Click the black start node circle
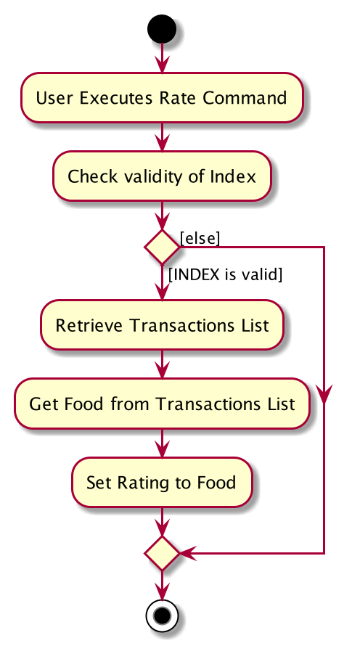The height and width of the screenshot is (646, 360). click(162, 29)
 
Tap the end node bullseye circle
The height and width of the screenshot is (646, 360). click(162, 616)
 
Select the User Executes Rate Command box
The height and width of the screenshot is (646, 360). click(162, 98)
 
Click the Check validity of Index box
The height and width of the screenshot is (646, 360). click(162, 176)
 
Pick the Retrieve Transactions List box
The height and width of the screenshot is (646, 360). click(162, 325)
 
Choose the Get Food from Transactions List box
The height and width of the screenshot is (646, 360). click(162, 404)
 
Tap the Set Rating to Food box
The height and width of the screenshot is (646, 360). click(162, 482)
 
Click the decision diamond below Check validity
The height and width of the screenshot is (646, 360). click(162, 247)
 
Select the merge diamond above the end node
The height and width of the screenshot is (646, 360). click(162, 553)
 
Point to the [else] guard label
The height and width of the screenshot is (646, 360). click(200, 238)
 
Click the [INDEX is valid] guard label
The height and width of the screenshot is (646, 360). click(226, 274)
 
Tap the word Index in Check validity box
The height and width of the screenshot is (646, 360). click(233, 176)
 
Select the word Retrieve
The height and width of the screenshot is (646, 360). click(89, 325)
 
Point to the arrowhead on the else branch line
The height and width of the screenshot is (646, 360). click(324, 395)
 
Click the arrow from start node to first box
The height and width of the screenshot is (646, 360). click(162, 58)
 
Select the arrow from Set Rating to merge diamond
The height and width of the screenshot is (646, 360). click(162, 522)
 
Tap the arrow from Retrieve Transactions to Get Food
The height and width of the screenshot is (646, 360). click(162, 364)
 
